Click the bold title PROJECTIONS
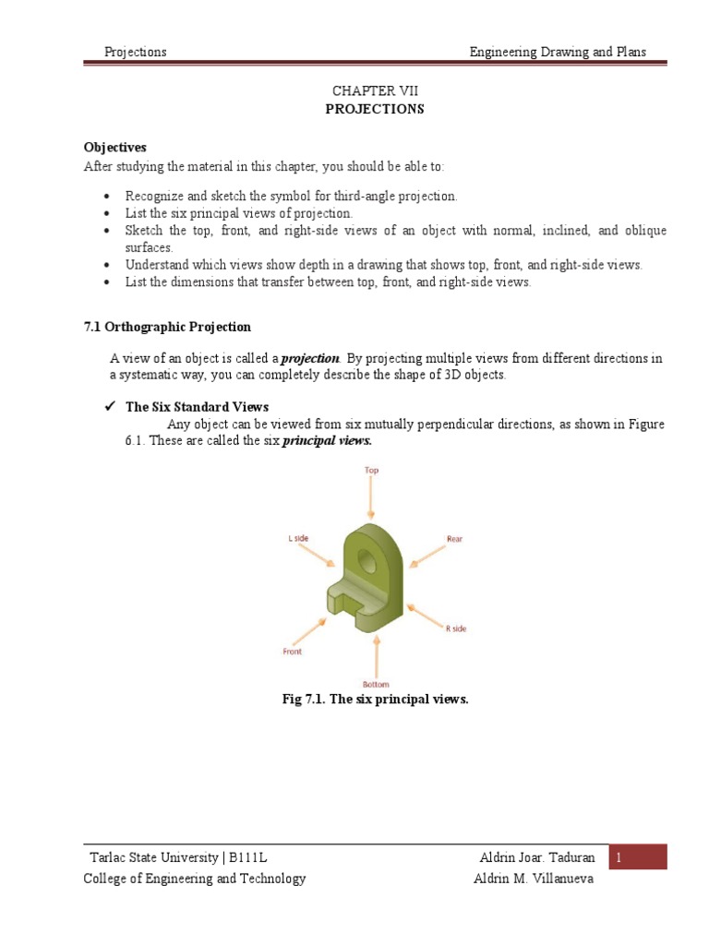coord(375,109)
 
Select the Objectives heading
coord(115,148)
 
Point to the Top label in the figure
coord(371,471)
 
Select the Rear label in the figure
coord(454,538)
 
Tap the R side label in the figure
coord(456,628)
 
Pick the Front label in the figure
coord(292,651)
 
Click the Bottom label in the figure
coord(376,684)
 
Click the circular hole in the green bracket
coord(367,559)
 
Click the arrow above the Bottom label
coord(376,657)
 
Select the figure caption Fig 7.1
coord(375,700)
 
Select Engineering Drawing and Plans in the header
coord(558,52)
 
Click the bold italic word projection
coord(310,358)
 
